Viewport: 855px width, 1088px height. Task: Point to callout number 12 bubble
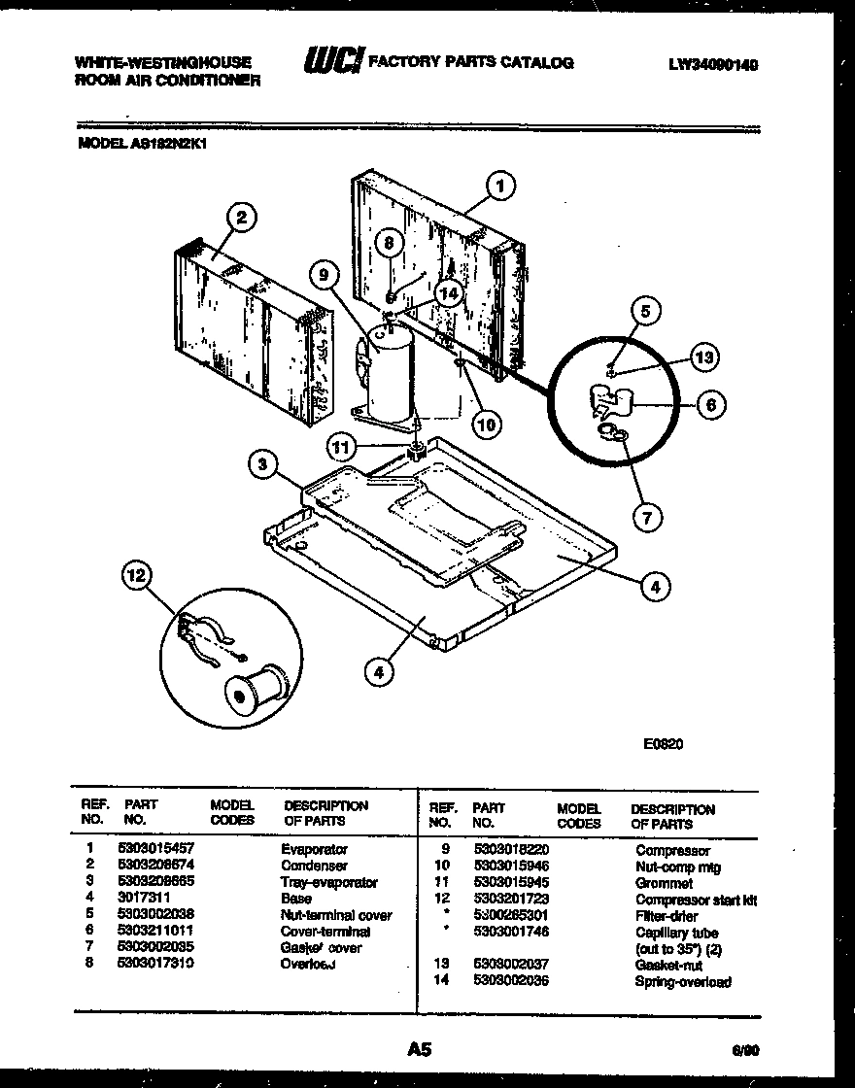[x=137, y=578]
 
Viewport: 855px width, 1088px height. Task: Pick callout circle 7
[x=647, y=517]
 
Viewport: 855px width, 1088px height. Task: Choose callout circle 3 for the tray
[x=261, y=464]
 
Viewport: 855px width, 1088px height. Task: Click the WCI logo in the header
[x=333, y=62]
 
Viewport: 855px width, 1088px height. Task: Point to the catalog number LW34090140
[x=712, y=64]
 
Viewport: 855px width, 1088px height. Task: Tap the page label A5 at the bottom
[x=419, y=1049]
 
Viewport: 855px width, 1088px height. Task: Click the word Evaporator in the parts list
[x=314, y=849]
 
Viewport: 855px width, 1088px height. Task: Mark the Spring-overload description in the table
[x=682, y=982]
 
